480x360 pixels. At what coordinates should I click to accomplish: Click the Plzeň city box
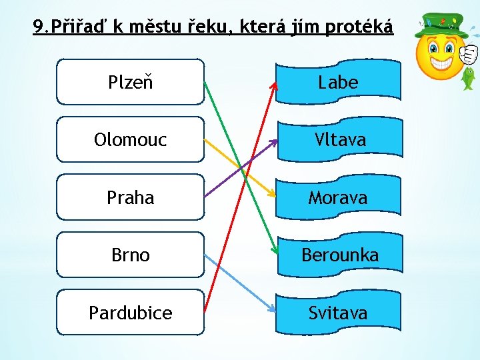coord(131,82)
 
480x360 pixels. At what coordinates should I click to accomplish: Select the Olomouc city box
coord(131,139)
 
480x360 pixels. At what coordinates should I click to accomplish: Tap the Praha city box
coord(131,197)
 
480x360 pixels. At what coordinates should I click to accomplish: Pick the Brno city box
coord(131,255)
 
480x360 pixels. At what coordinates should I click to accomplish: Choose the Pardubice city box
coord(131,312)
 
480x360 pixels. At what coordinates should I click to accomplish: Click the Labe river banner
coord(339,82)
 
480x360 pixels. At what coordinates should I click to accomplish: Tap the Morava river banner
coord(339,197)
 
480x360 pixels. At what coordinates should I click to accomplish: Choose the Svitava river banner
coord(339,312)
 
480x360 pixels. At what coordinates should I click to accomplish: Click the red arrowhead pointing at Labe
coord(273,85)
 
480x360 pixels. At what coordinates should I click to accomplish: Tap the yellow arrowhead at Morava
coord(271,193)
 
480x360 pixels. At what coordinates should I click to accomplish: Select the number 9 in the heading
coord(39,27)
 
